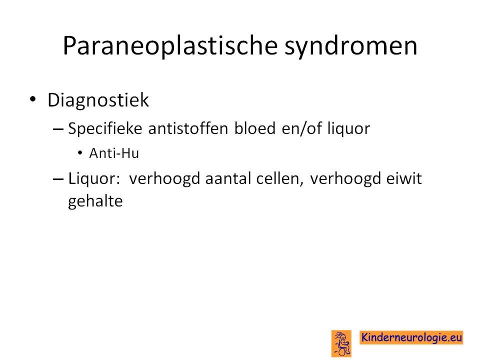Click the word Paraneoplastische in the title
170,45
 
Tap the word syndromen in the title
351,46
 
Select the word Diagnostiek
98,100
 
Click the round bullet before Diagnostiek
33,99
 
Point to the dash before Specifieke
58,129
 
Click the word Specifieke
105,128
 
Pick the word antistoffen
188,128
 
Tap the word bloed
255,128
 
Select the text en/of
302,128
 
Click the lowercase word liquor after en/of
348,129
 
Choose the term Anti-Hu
114,153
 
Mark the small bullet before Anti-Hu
80,152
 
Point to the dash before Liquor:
58,179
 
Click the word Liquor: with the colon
94,178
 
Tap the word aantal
228,178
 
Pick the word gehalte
95,201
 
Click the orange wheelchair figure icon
341,343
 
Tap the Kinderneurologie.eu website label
411,337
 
